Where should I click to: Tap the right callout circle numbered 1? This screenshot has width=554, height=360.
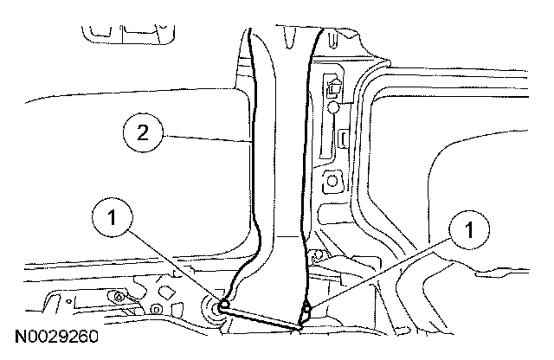pos(468,231)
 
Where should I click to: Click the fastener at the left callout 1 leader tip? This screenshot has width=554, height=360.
pos(224,305)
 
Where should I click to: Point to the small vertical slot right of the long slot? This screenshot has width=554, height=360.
pos(345,138)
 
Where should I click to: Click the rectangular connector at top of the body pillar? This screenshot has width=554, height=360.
pos(334,87)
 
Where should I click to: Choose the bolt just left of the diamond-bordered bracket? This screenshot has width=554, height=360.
pos(154,310)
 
